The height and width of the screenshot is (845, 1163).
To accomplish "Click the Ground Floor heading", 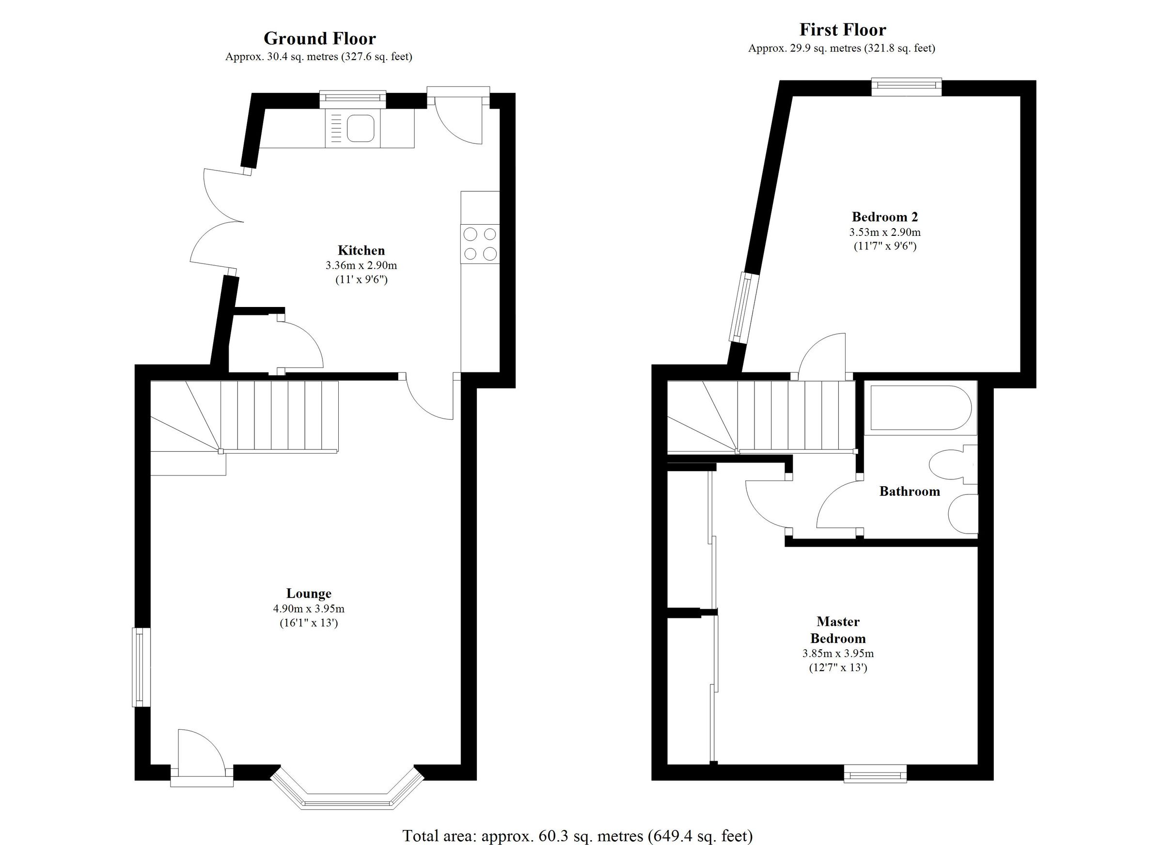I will (x=319, y=38).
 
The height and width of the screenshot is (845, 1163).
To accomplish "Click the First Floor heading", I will (x=843, y=30).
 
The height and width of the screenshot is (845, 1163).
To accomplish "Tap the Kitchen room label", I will (x=361, y=250).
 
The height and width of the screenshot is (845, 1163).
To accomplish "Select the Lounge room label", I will (x=309, y=593).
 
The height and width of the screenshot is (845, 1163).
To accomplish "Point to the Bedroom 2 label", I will (x=884, y=217).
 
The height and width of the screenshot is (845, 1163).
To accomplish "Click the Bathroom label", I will (x=909, y=492).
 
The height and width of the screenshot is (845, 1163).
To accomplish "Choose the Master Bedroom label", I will (x=838, y=630).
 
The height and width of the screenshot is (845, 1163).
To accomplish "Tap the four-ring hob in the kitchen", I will (x=480, y=244).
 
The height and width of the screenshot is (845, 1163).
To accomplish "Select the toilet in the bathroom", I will (x=946, y=464).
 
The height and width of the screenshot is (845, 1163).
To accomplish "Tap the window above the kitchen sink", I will (x=353, y=99).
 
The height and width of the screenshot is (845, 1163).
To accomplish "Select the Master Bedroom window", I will (x=875, y=773).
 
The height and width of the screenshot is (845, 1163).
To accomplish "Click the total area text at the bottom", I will (x=578, y=836).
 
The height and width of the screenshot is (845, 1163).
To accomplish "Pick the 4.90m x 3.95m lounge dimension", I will (x=309, y=609).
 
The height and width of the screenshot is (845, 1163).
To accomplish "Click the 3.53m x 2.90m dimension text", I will (x=884, y=231).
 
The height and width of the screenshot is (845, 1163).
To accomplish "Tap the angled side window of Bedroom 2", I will (x=743, y=308).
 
